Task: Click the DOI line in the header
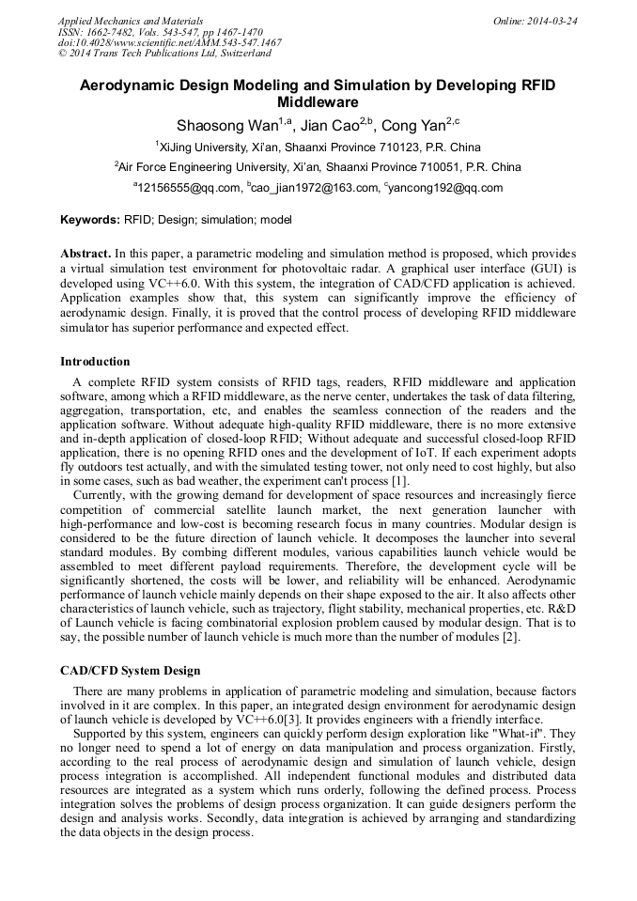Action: (169, 43)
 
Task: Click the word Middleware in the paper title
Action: (318, 101)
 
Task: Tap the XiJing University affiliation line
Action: (318, 147)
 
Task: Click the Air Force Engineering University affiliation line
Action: (318, 167)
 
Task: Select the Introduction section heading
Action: (95, 362)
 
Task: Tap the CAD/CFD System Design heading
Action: (130, 671)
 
